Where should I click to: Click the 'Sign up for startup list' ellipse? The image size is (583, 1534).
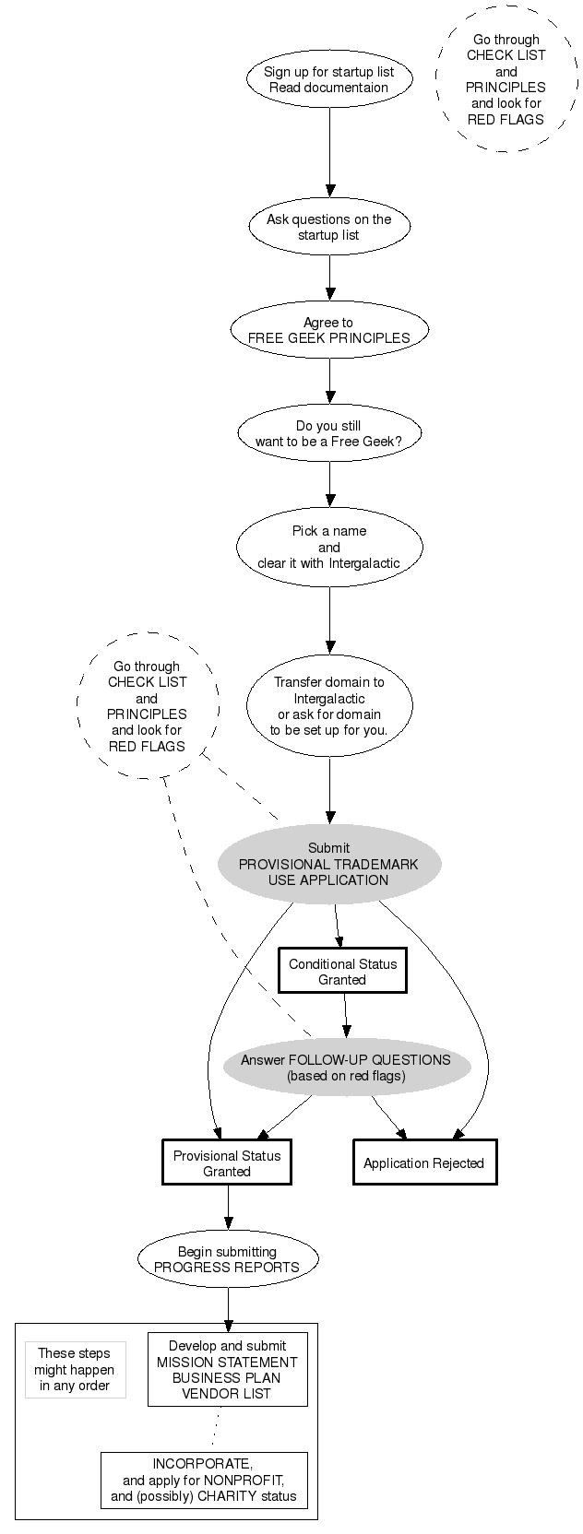coord(328,79)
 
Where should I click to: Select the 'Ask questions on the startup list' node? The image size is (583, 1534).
coord(328,227)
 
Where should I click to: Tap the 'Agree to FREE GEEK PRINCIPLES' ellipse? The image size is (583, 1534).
coord(328,330)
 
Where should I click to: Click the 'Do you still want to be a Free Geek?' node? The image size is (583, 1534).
coord(328,433)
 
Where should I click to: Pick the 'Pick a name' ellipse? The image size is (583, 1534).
coord(328,547)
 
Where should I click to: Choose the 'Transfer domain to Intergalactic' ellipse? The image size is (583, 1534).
coord(328,706)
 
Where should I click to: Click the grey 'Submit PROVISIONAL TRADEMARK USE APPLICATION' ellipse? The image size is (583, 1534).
coord(328,864)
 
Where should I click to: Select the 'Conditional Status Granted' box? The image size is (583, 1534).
coord(342,972)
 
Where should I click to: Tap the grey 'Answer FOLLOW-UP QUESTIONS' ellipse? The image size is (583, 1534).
coord(346,1068)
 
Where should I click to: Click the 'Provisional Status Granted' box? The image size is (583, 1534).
coord(227,1163)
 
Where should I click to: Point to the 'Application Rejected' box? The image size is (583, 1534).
coord(424,1163)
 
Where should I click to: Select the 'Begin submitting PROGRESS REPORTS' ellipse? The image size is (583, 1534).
coord(227,1259)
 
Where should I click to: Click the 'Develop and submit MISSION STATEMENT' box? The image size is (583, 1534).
coord(227,1370)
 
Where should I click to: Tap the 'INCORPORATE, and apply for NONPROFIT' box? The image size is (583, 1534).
coord(203,1481)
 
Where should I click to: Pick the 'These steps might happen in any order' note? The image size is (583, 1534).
coord(75,1370)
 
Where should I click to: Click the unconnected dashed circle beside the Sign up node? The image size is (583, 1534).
coord(506,79)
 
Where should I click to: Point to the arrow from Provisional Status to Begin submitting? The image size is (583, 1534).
coord(228,1208)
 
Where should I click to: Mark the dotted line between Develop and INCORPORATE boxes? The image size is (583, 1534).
coord(215,1429)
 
